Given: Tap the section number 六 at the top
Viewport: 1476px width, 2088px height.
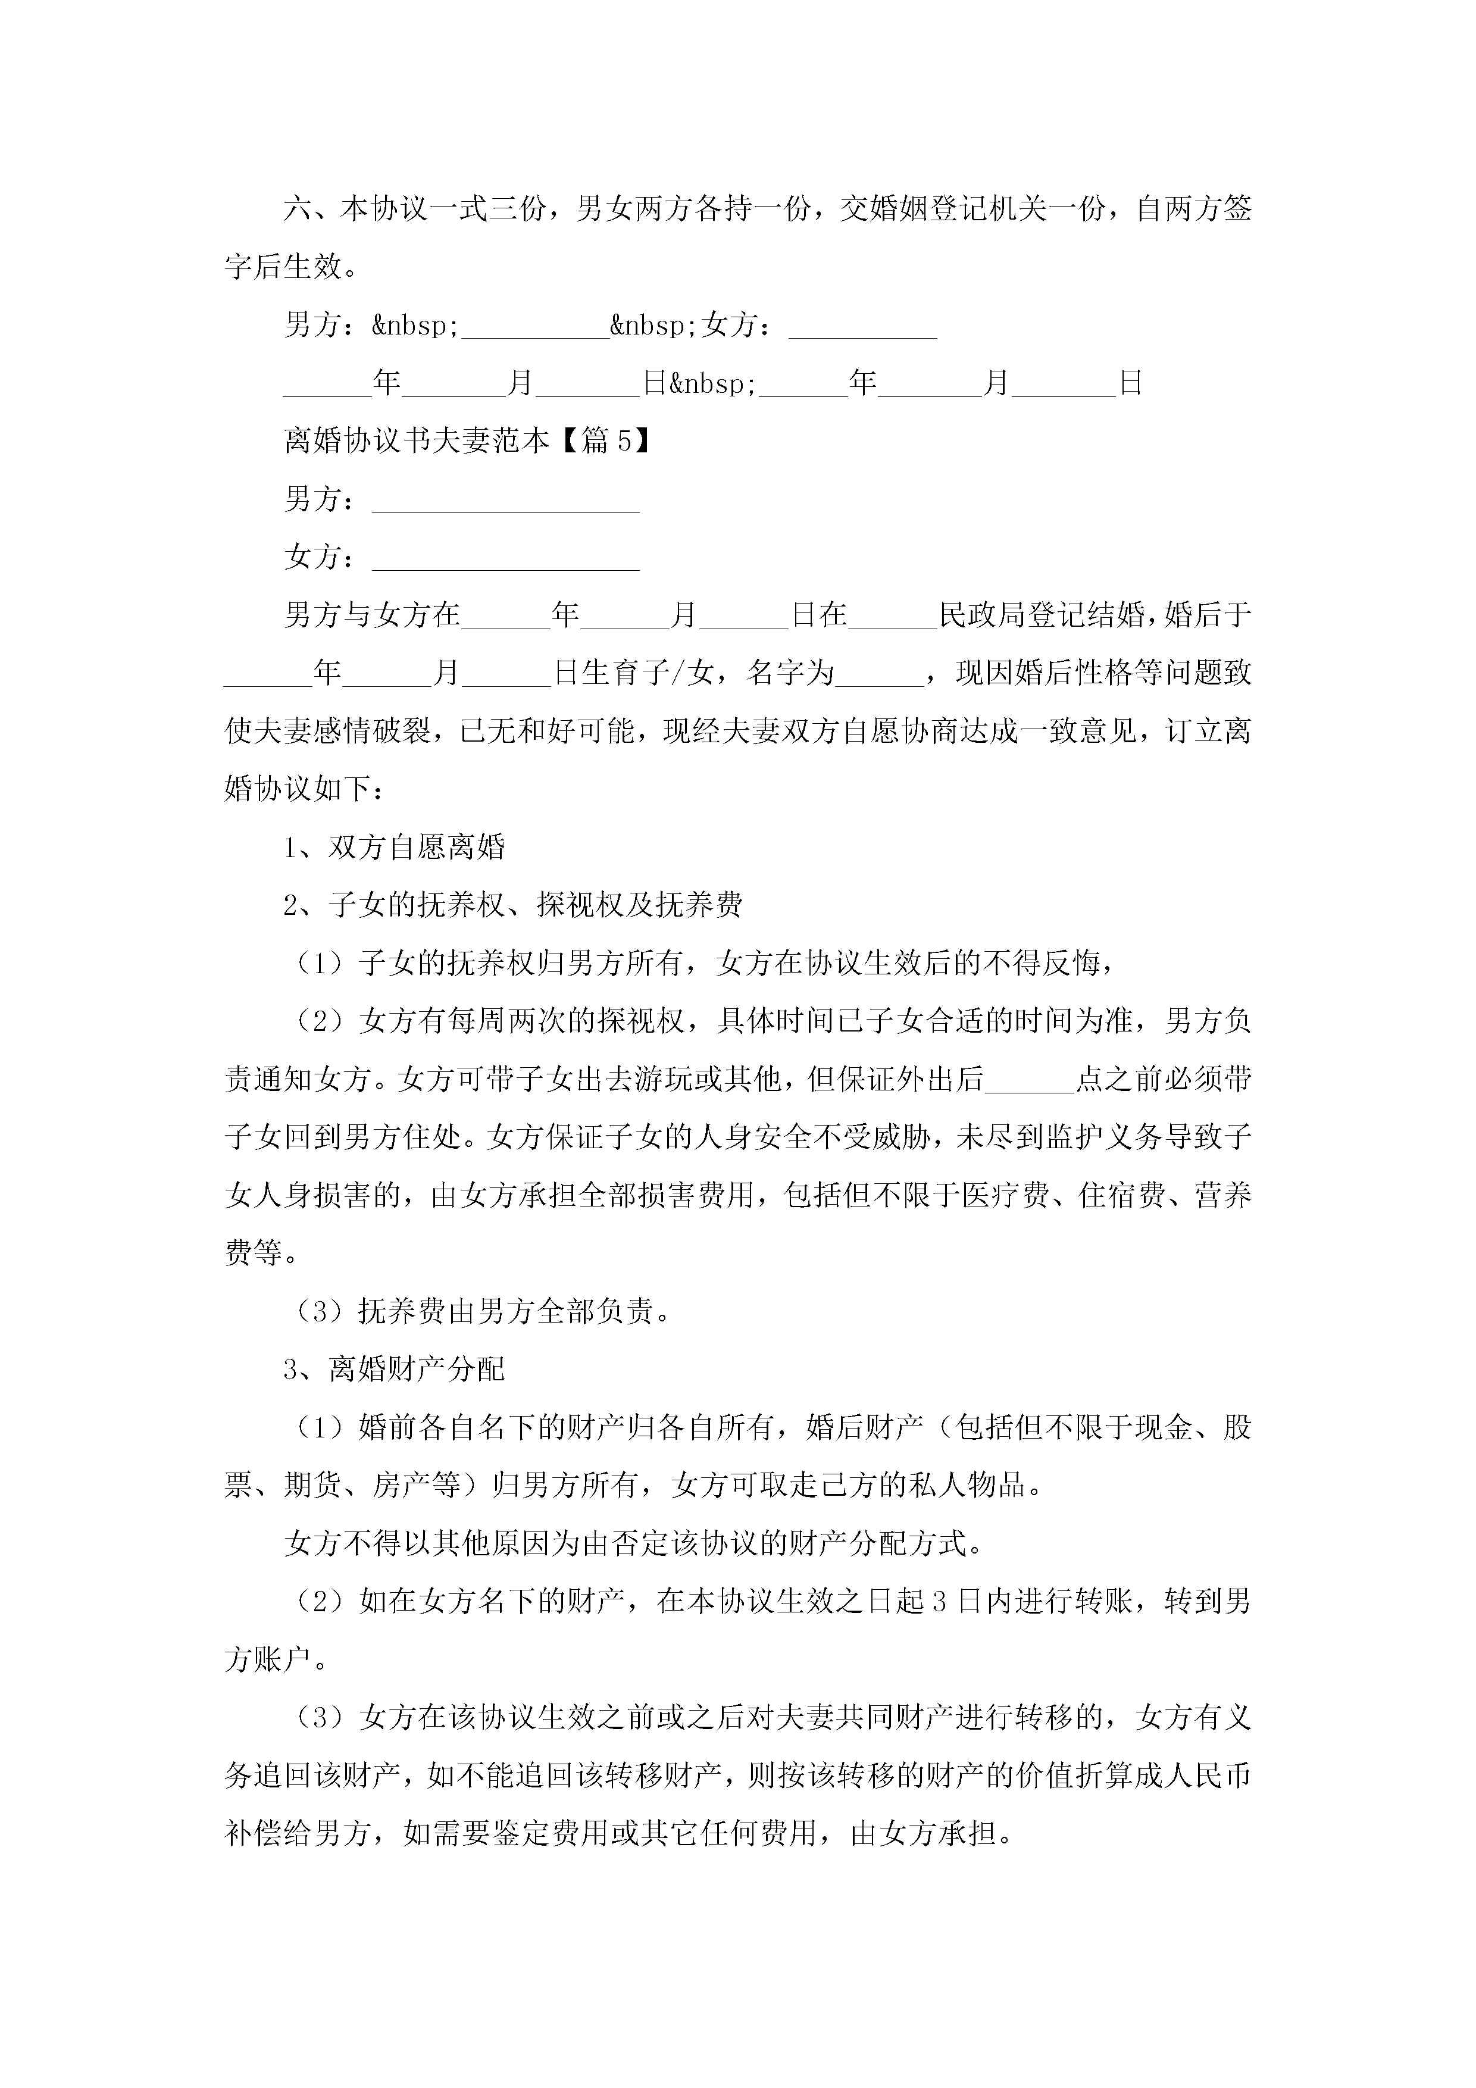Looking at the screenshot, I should [x=298, y=209].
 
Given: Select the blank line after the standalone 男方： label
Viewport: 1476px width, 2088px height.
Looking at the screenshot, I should [x=506, y=500].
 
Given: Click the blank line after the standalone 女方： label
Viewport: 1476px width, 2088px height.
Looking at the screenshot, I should [x=506, y=558].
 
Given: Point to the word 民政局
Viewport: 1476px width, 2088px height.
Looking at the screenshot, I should [x=981, y=615].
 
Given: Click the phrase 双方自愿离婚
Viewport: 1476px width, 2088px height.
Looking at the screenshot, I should [x=417, y=848].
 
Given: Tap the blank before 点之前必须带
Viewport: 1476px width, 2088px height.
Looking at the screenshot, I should [x=1030, y=1080].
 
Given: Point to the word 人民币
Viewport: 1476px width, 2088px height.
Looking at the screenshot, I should [x=1207, y=1776].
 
